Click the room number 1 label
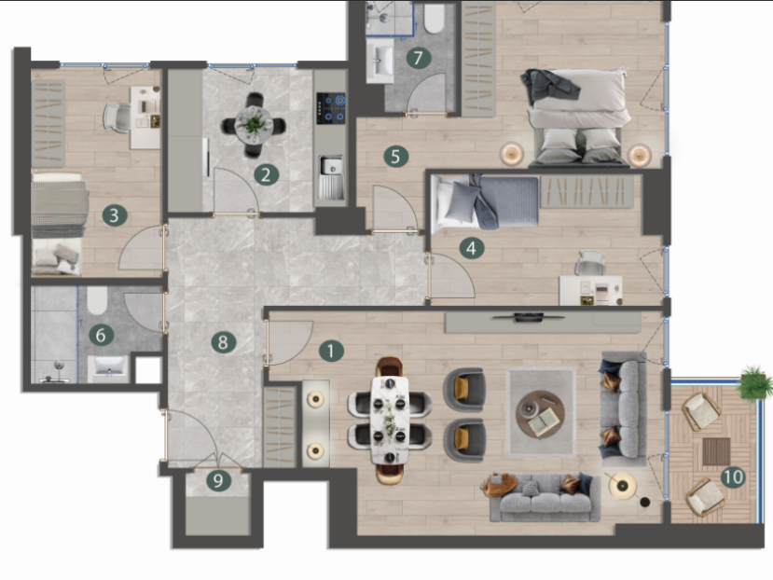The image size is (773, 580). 331,352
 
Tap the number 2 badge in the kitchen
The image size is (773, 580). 266,174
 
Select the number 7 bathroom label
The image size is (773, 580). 419,58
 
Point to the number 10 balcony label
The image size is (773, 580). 733,476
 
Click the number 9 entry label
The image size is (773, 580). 218,480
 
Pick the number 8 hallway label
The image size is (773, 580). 223,342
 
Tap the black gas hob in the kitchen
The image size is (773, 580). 331,108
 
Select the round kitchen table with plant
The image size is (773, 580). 254,124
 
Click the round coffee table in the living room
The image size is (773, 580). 540,414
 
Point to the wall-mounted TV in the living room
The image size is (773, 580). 529,317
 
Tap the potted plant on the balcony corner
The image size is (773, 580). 754,380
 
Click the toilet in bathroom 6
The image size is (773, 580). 97,300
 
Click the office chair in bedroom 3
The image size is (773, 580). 117,117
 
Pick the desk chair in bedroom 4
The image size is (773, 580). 590,263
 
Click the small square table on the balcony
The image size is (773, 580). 716,451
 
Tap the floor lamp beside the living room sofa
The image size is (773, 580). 623,486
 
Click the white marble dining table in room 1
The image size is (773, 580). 390,421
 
